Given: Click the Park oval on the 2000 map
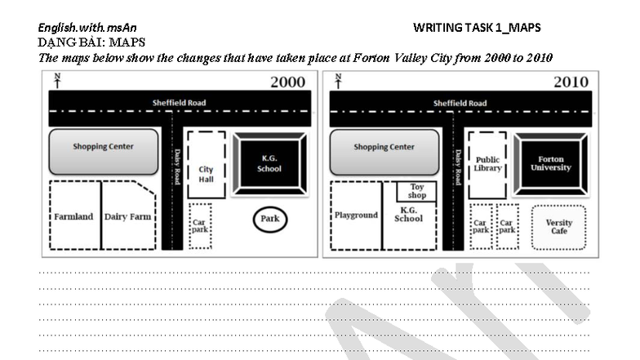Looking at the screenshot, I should [269, 220].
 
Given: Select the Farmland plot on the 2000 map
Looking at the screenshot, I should [74, 216].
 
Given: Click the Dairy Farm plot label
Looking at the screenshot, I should [128, 216].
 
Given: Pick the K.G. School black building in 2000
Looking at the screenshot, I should [270, 164].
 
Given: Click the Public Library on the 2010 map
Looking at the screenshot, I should [487, 164].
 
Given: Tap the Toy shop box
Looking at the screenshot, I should [416, 191].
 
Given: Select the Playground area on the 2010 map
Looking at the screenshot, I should [356, 215].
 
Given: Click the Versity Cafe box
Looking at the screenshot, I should [558, 226].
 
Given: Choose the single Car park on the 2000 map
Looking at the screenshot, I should [200, 225].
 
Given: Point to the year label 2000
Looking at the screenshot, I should [288, 82].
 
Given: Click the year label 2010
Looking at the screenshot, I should [571, 82].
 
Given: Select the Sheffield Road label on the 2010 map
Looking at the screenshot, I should [460, 104].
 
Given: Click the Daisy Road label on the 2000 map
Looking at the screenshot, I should [176, 166].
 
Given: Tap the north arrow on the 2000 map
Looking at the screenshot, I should [57, 80].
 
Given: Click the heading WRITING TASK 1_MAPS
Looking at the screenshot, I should [477, 28].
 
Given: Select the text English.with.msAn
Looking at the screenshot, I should [87, 28].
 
